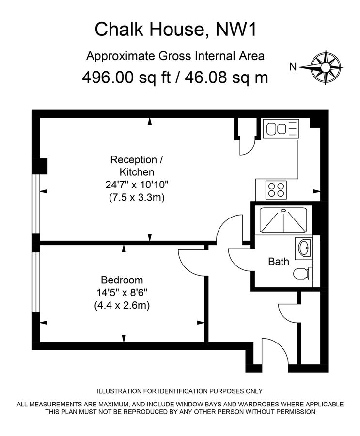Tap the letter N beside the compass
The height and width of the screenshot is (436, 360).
(292, 68)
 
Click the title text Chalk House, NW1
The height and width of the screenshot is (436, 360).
(175, 30)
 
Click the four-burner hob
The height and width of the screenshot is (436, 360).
(277, 189)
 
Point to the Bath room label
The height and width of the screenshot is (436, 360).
(279, 262)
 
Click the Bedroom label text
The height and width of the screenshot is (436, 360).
(122, 280)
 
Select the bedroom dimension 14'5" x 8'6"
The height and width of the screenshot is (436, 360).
(122, 293)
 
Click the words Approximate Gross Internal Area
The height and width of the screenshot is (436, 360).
(175, 56)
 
